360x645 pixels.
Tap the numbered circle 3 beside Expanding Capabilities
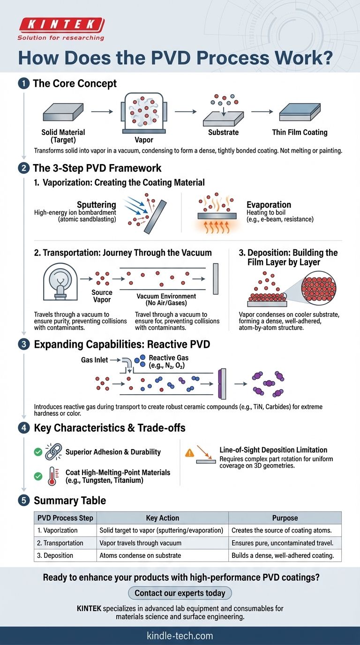(x=24, y=344)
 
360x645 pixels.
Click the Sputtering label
(x=97, y=204)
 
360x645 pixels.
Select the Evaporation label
(x=269, y=205)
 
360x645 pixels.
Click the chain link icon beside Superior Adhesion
(x=53, y=451)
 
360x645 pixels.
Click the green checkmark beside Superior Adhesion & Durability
(x=38, y=452)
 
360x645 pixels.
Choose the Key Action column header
(x=162, y=517)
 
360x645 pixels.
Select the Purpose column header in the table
(x=285, y=517)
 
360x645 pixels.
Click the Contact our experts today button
(x=180, y=593)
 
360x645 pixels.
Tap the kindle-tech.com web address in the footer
(x=180, y=636)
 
